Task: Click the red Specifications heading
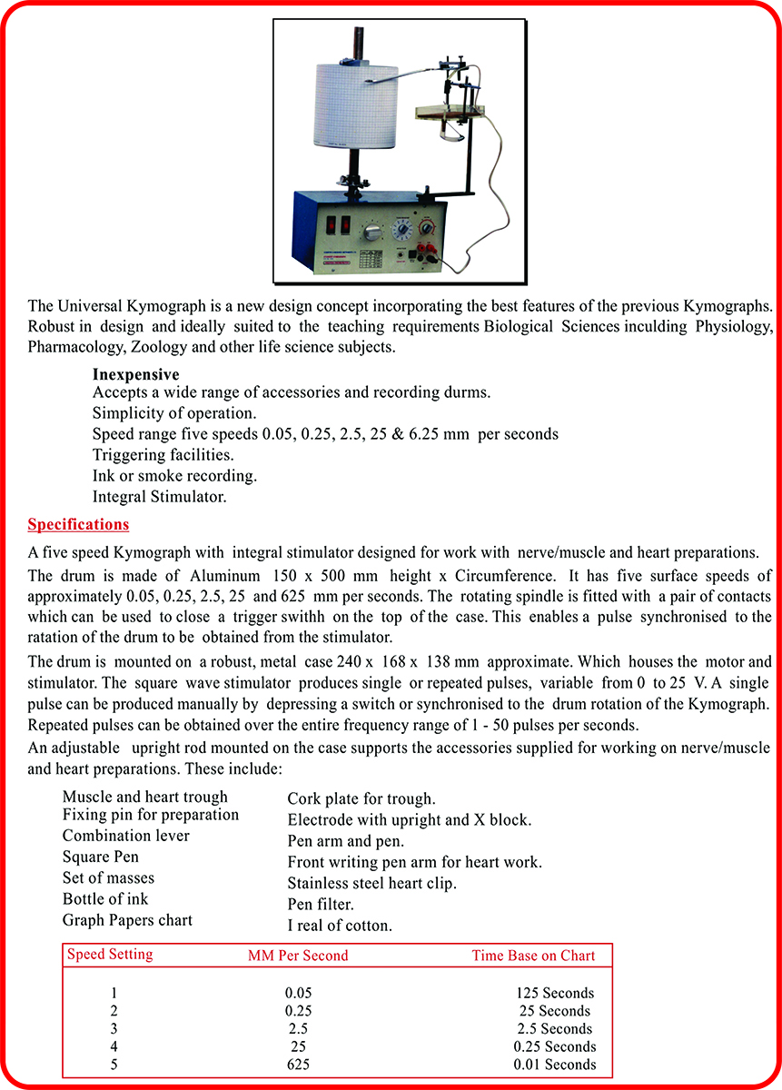coord(78,524)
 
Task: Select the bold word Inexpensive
coord(136,374)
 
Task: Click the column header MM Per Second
coord(298,955)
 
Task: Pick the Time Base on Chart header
coord(533,955)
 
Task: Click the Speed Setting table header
coord(110,954)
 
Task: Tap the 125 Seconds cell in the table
coord(554,993)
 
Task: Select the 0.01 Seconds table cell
coord(555,1065)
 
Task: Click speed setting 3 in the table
coord(114,1029)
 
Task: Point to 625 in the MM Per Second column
coord(298,1065)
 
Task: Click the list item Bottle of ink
coord(105,899)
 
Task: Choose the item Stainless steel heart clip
coord(372,883)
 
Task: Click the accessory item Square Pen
coord(101,857)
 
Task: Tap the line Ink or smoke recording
coord(175,475)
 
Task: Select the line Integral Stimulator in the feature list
coord(160,497)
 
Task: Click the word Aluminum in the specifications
coord(225,576)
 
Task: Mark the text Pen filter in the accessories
coord(321,905)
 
